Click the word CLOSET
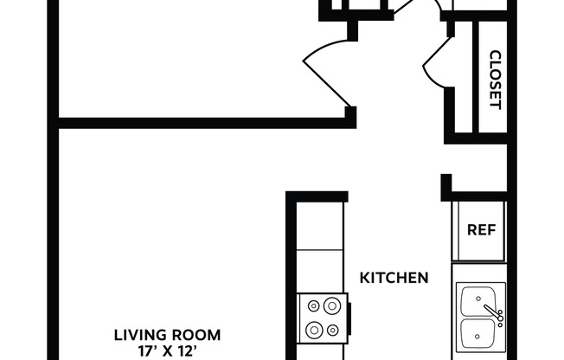pyautogui.click(x=495, y=80)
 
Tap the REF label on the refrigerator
pyautogui.click(x=480, y=230)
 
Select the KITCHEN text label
pyautogui.click(x=394, y=278)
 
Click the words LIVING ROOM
pyautogui.click(x=168, y=334)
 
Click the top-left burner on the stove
pyautogui.click(x=312, y=305)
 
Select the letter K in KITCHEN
pyautogui.click(x=364, y=278)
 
